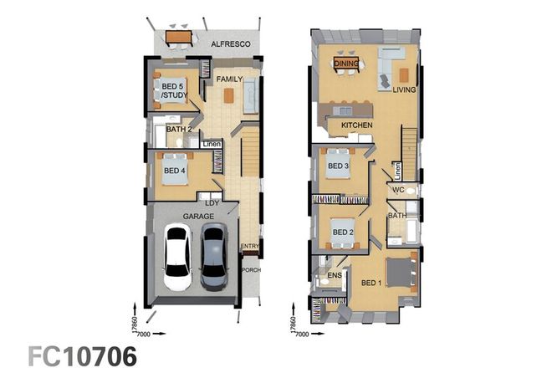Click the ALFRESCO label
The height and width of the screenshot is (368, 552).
[226, 43]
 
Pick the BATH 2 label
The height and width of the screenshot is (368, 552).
[179, 130]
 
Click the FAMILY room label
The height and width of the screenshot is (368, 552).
[229, 79]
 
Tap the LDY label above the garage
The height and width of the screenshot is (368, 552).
[211, 202]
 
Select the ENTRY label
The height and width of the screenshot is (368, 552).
[249, 246]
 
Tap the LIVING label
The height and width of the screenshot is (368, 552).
[405, 89]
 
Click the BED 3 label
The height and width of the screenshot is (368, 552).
[338, 166]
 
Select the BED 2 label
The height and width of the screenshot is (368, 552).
[343, 232]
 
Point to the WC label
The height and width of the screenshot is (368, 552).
[398, 190]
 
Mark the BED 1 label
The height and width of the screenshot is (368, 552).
[371, 282]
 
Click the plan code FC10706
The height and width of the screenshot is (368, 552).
[83, 355]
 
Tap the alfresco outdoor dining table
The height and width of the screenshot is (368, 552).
[178, 38]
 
